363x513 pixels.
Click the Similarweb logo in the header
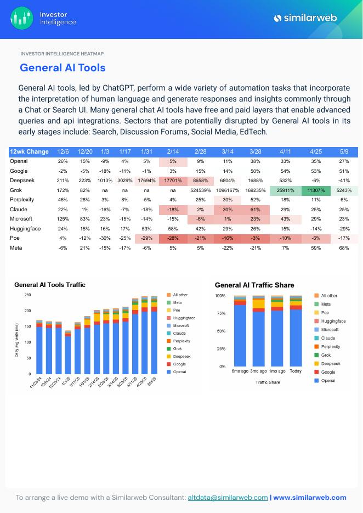click(x=310, y=18)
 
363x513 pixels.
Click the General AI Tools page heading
click(x=63, y=68)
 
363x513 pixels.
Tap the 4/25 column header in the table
click(x=315, y=151)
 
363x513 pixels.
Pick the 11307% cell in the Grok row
click(x=315, y=190)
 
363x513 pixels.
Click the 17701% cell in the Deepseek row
click(x=173, y=180)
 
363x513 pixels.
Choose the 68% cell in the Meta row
click(x=344, y=248)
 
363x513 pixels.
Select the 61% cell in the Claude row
click(x=255, y=210)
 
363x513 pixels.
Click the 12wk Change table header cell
click(x=29, y=151)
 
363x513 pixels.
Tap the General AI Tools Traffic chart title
click(x=50, y=285)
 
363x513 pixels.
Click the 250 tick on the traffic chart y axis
click(x=28, y=295)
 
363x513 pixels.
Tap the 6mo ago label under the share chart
click(x=240, y=371)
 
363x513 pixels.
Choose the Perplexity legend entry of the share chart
click(x=330, y=347)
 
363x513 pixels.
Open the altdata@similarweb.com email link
click(x=228, y=498)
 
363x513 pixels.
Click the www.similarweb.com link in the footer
click(x=310, y=498)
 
